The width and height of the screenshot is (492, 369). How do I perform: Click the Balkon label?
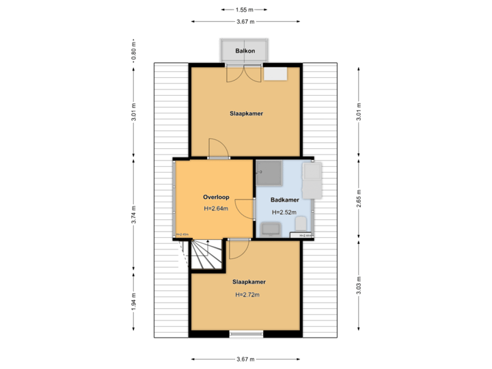[245, 51]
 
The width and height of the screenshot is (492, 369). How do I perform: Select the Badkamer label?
[284, 200]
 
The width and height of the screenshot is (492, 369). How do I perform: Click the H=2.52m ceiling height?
[284, 213]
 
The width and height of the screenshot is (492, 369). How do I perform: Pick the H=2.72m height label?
[248, 295]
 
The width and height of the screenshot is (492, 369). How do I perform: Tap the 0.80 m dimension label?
[134, 53]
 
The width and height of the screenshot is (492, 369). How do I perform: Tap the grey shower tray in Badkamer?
[269, 173]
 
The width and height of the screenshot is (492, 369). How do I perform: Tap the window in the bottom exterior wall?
[245, 335]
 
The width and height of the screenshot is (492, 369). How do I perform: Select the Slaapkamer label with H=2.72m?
[248, 282]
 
